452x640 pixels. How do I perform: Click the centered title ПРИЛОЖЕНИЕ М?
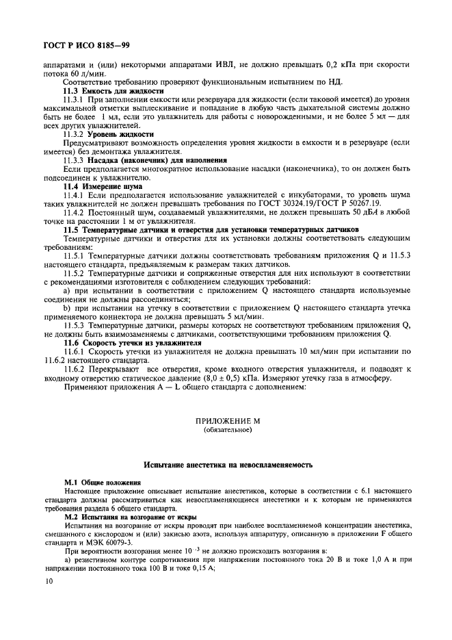click(228, 421)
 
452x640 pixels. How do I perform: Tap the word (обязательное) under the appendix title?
click(228, 430)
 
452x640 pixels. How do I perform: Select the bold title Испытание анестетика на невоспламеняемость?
click(228, 465)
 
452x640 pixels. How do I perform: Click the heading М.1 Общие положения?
click(103, 482)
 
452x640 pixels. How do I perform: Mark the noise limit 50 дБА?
click(358, 212)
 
